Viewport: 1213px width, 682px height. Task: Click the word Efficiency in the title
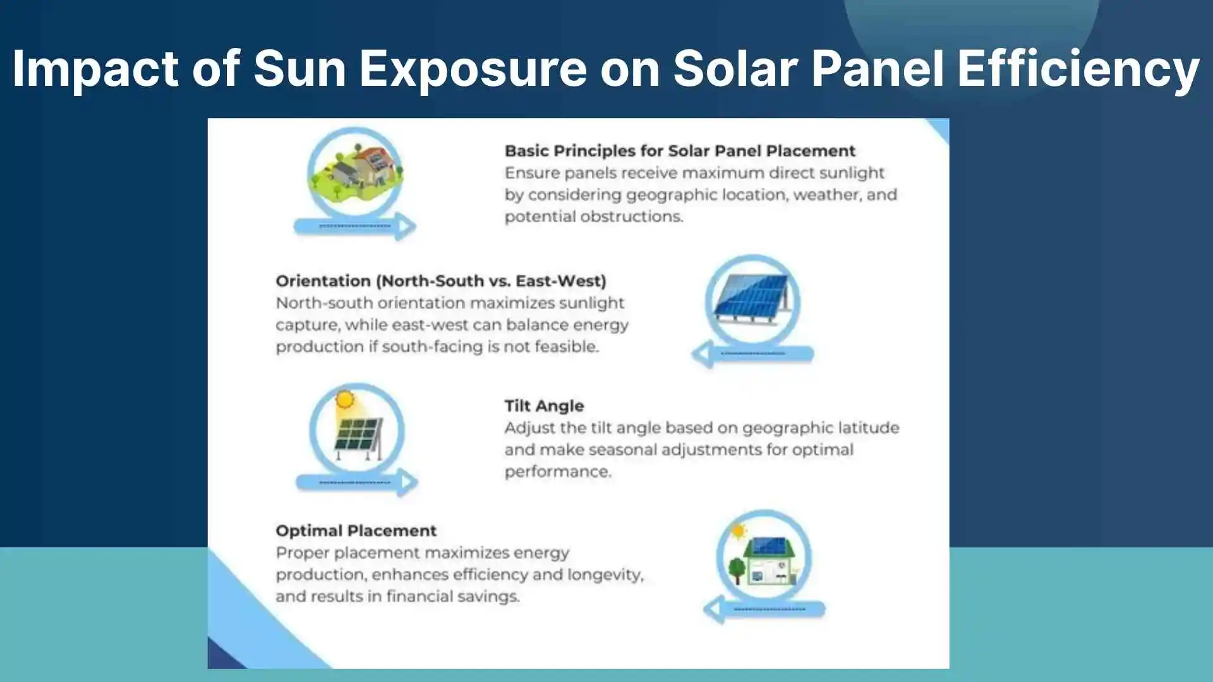point(1078,68)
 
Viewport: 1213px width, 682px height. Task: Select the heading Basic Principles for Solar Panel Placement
point(680,151)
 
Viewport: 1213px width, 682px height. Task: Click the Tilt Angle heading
point(544,406)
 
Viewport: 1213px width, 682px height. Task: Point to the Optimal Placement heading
point(356,530)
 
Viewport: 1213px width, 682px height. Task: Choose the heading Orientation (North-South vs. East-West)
point(441,281)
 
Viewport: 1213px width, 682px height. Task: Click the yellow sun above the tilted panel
point(344,400)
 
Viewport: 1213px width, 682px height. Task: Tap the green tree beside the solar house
point(737,568)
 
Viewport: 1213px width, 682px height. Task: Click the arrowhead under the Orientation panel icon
point(702,354)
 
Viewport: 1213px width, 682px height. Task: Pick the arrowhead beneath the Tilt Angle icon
point(409,483)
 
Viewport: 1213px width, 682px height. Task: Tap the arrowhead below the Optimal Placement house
point(714,609)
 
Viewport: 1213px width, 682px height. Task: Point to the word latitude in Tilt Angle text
point(868,428)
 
